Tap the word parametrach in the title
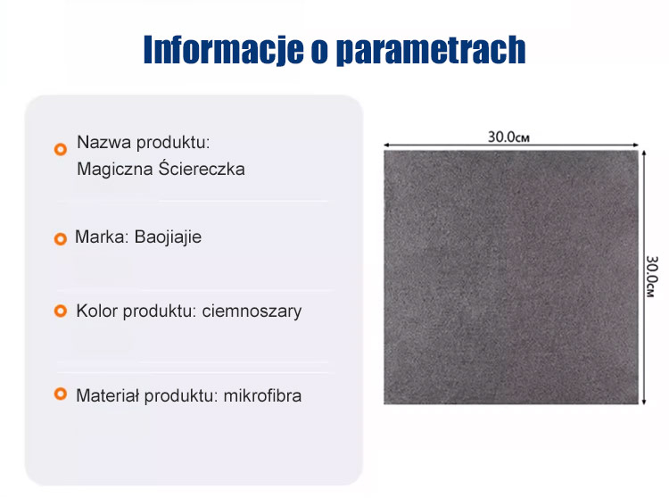pos(429,51)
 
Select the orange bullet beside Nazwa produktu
pos(61,149)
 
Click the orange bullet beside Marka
pos(61,238)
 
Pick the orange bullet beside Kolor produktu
pos(61,311)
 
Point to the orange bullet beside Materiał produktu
pos(61,394)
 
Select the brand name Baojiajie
pos(169,237)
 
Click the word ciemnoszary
pos(252,311)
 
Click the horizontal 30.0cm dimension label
pos(509,137)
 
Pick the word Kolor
pos(96,311)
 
